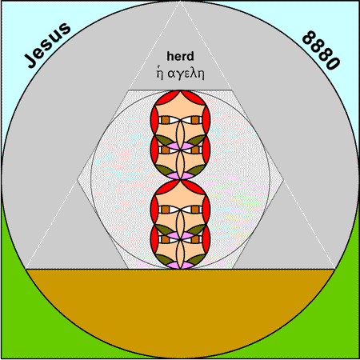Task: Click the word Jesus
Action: point(48,46)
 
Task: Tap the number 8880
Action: point(321,50)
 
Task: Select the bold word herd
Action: point(180,56)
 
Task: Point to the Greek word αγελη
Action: point(186,74)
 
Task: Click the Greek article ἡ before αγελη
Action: point(159,73)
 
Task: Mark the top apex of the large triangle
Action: point(180,2)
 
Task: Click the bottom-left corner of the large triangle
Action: point(26,269)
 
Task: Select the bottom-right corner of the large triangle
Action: point(334,269)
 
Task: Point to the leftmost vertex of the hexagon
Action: point(77,180)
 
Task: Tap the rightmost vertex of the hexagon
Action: point(283,180)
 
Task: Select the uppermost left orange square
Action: point(166,120)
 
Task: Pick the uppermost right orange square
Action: point(195,120)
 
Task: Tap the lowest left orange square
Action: point(166,239)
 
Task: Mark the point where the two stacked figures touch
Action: point(180,180)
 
